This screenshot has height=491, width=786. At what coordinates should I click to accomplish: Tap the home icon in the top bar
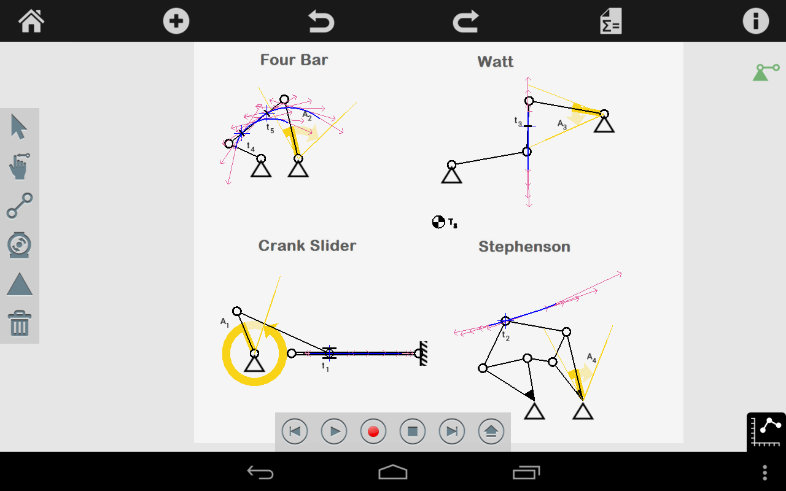coord(31,21)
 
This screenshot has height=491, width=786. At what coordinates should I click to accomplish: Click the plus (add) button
coord(176,21)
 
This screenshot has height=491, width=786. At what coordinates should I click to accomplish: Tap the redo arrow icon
coord(466,21)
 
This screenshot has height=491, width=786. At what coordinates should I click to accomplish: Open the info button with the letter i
coord(756,21)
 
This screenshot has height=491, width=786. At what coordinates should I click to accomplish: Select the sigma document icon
coord(611,21)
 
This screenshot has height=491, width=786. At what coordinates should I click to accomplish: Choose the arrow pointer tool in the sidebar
coord(18,126)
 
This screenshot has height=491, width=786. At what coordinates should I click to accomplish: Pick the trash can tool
coord(19,323)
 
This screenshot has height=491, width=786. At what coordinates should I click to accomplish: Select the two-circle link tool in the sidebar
coord(20,206)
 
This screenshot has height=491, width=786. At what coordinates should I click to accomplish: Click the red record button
coord(373,431)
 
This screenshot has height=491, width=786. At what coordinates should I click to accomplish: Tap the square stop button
coord(412,431)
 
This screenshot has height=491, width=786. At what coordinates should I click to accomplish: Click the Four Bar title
coord(294,60)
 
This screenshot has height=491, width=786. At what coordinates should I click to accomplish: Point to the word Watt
coord(495,62)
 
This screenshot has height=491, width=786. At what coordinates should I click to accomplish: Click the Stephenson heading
coord(524,247)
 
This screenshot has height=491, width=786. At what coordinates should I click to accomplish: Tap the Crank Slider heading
coord(307,246)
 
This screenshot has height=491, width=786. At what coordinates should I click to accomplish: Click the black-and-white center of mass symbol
coord(438,222)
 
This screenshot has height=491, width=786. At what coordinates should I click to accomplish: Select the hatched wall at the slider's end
coord(424,354)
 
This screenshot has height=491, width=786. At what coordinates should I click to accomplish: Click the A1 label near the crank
coord(225,322)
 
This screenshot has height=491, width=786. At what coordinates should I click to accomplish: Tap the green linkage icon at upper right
coord(766,72)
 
